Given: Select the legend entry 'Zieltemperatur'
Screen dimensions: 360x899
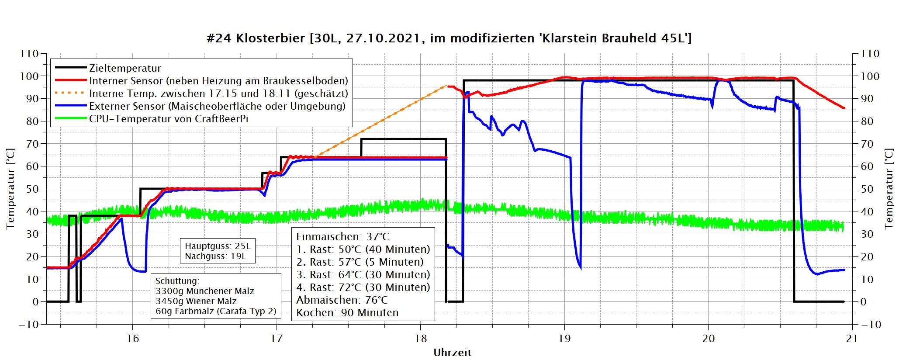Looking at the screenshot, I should point(125,68).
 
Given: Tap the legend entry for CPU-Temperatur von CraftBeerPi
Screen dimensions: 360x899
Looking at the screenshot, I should point(169,119).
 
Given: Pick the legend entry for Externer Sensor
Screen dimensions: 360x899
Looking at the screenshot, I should point(217,106).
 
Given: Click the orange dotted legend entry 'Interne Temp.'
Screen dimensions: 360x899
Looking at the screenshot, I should point(218,93).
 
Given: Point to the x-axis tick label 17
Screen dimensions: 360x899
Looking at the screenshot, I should point(277,339).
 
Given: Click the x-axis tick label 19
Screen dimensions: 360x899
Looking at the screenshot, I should point(564,339).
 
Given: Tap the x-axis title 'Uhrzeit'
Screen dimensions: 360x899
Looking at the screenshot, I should point(452,353).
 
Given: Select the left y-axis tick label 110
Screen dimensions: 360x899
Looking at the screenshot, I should point(29,54).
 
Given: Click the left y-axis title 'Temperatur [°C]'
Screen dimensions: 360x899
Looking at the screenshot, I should point(10,189).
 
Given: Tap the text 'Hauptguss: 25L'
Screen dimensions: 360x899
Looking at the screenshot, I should point(218,246).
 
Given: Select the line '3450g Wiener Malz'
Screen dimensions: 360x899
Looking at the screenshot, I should point(196,301).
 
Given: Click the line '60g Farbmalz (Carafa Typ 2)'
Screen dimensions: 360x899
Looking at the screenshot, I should point(216,311).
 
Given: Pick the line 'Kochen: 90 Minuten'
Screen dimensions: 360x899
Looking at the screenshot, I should point(347,313).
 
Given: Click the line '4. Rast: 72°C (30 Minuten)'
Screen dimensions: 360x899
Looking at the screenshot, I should point(363,287).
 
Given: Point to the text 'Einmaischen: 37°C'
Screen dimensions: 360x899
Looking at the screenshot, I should point(342,237).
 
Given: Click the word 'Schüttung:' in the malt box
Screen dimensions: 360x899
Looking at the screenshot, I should point(177,281).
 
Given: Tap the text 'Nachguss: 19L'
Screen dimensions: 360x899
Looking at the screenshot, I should point(215,256).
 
